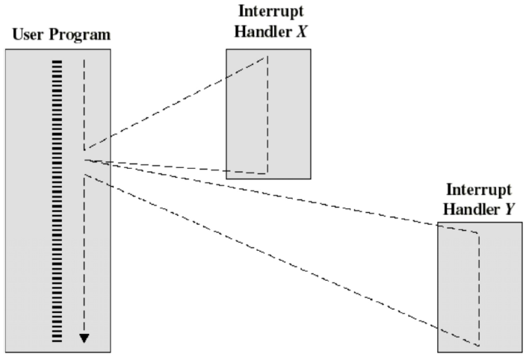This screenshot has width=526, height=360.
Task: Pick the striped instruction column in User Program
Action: click(58, 202)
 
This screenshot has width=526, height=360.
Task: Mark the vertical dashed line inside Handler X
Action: click(267, 112)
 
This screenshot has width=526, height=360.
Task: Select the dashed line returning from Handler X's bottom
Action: click(176, 167)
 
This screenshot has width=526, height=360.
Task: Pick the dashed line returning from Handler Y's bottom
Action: click(284, 261)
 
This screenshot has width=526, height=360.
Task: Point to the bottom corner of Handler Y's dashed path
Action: click(479, 345)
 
